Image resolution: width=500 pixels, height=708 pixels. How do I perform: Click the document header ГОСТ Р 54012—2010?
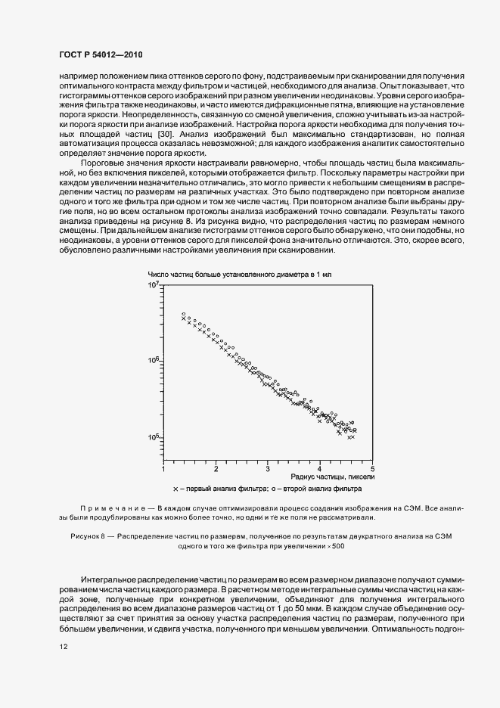100,55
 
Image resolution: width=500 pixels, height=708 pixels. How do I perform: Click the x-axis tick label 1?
164,469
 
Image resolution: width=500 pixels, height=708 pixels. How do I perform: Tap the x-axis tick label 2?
216,469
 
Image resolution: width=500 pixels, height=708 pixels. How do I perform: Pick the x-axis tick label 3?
268,469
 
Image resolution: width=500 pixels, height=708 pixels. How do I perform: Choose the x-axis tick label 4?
320,469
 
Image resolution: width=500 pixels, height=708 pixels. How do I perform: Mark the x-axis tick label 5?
372,469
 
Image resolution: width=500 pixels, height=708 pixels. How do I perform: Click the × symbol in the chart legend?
175,490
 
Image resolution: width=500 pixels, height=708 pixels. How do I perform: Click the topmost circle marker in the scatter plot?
183,314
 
